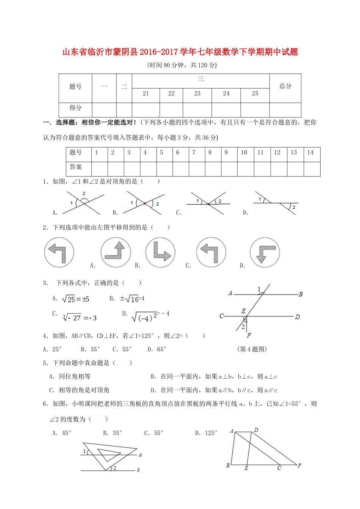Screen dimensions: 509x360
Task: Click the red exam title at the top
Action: point(180,52)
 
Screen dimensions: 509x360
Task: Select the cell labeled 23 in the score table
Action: point(197,94)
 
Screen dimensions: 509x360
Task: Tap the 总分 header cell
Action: point(285,86)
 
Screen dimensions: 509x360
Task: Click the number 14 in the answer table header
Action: point(310,153)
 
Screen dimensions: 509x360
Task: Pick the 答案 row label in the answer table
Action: point(76,167)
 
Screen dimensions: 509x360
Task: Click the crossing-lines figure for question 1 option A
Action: point(83,203)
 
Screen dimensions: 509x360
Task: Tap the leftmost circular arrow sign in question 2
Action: point(59,252)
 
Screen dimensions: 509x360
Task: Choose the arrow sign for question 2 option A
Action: point(116,252)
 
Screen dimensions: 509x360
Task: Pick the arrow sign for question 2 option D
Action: point(265,252)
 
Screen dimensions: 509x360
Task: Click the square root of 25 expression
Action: point(75,299)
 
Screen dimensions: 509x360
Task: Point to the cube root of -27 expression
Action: point(80,318)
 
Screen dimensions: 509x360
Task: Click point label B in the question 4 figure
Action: point(301,294)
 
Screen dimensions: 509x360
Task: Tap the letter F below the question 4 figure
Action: point(249,336)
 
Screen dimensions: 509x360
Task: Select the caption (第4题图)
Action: point(252,349)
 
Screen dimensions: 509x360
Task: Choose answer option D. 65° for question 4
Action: point(157,349)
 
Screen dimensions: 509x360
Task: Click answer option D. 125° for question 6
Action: point(206,433)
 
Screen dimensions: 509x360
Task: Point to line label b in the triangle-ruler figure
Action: point(138,470)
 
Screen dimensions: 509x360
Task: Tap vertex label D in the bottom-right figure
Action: point(256,430)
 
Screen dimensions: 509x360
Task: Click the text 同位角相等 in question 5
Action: point(75,376)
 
